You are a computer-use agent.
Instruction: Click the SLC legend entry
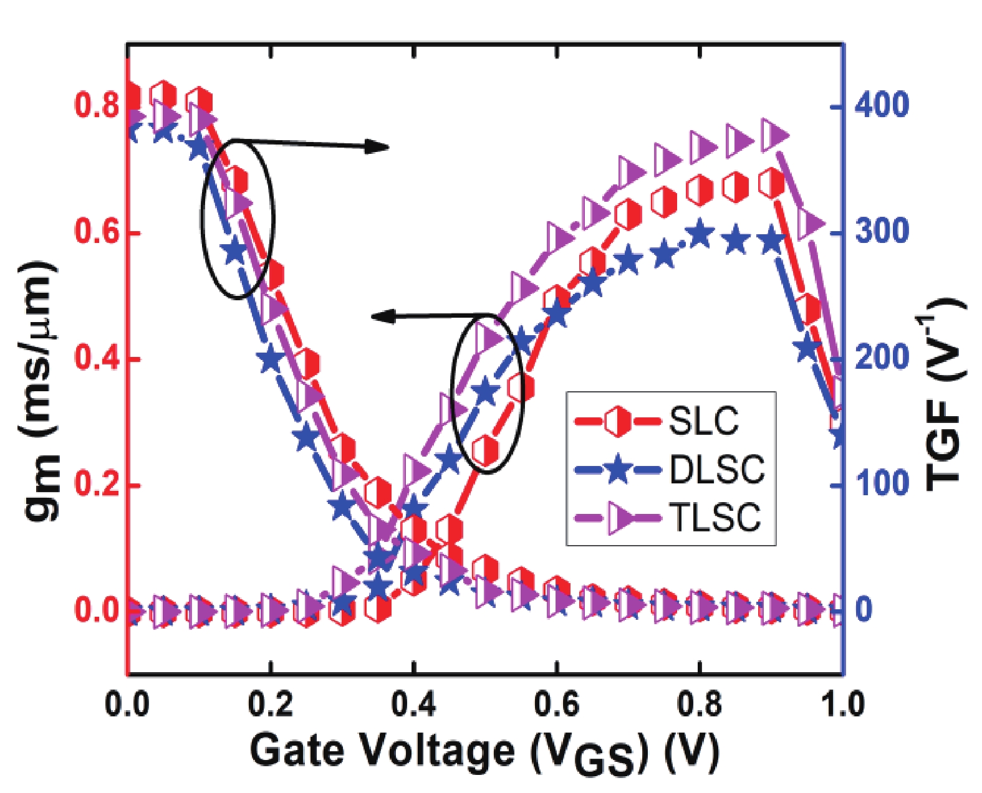pos(703,422)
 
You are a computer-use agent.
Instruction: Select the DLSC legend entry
pos(716,470)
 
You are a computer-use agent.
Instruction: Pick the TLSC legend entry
pos(715,517)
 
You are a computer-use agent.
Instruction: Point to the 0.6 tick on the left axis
pos(97,232)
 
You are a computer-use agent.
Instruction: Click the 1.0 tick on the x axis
pos(841,705)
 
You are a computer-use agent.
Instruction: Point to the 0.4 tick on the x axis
pos(413,705)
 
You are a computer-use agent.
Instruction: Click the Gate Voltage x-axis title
pos(484,751)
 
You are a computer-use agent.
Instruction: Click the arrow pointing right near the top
pos(312,144)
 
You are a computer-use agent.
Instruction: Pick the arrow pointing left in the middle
pos(430,316)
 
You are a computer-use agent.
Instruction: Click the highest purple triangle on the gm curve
pos(774,135)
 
